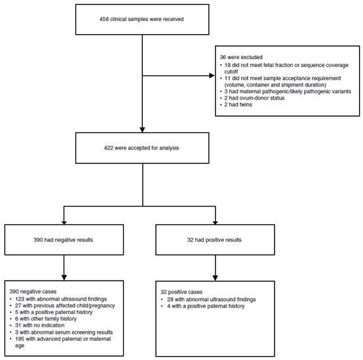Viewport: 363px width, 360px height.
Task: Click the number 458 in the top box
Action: pyautogui.click(x=104, y=19)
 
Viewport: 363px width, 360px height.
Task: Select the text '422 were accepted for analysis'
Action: pyautogui.click(x=142, y=148)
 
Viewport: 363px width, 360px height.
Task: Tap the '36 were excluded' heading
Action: pyautogui.click(x=241, y=57)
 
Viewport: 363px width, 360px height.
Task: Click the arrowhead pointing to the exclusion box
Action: pyautogui.click(x=212, y=75)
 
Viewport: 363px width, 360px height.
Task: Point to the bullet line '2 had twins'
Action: pyautogui.click(x=238, y=104)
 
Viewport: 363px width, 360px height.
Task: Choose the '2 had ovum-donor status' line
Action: pyautogui.click(x=254, y=98)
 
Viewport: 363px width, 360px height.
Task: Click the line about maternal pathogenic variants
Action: pyautogui.click(x=288, y=92)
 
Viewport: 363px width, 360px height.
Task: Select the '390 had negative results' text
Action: pyautogui.click(x=64, y=240)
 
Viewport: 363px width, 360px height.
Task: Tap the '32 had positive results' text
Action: pyautogui.click(x=214, y=240)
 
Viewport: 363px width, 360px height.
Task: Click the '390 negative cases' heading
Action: pyautogui.click(x=33, y=291)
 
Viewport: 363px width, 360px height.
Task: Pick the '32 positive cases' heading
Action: pyautogui.click(x=181, y=292)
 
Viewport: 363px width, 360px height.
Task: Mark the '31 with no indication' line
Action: pyautogui.click(x=40, y=325)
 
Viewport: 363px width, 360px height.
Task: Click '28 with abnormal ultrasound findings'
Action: pyautogui.click(x=212, y=300)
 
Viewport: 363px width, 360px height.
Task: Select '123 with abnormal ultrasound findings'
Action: pyautogui.click(x=61, y=299)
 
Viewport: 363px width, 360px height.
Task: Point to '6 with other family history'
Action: pyautogui.click(x=46, y=319)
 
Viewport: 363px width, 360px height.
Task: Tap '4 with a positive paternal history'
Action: pyautogui.click(x=206, y=306)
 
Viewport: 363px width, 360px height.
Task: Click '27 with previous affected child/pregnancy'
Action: pyautogui.click(x=65, y=306)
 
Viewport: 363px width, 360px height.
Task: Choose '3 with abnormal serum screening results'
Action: pyautogui.click(x=64, y=332)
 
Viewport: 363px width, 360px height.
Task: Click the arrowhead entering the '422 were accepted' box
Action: pyautogui.click(x=142, y=130)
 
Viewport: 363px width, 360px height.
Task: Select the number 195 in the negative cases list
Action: pyautogui.click(x=20, y=339)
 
